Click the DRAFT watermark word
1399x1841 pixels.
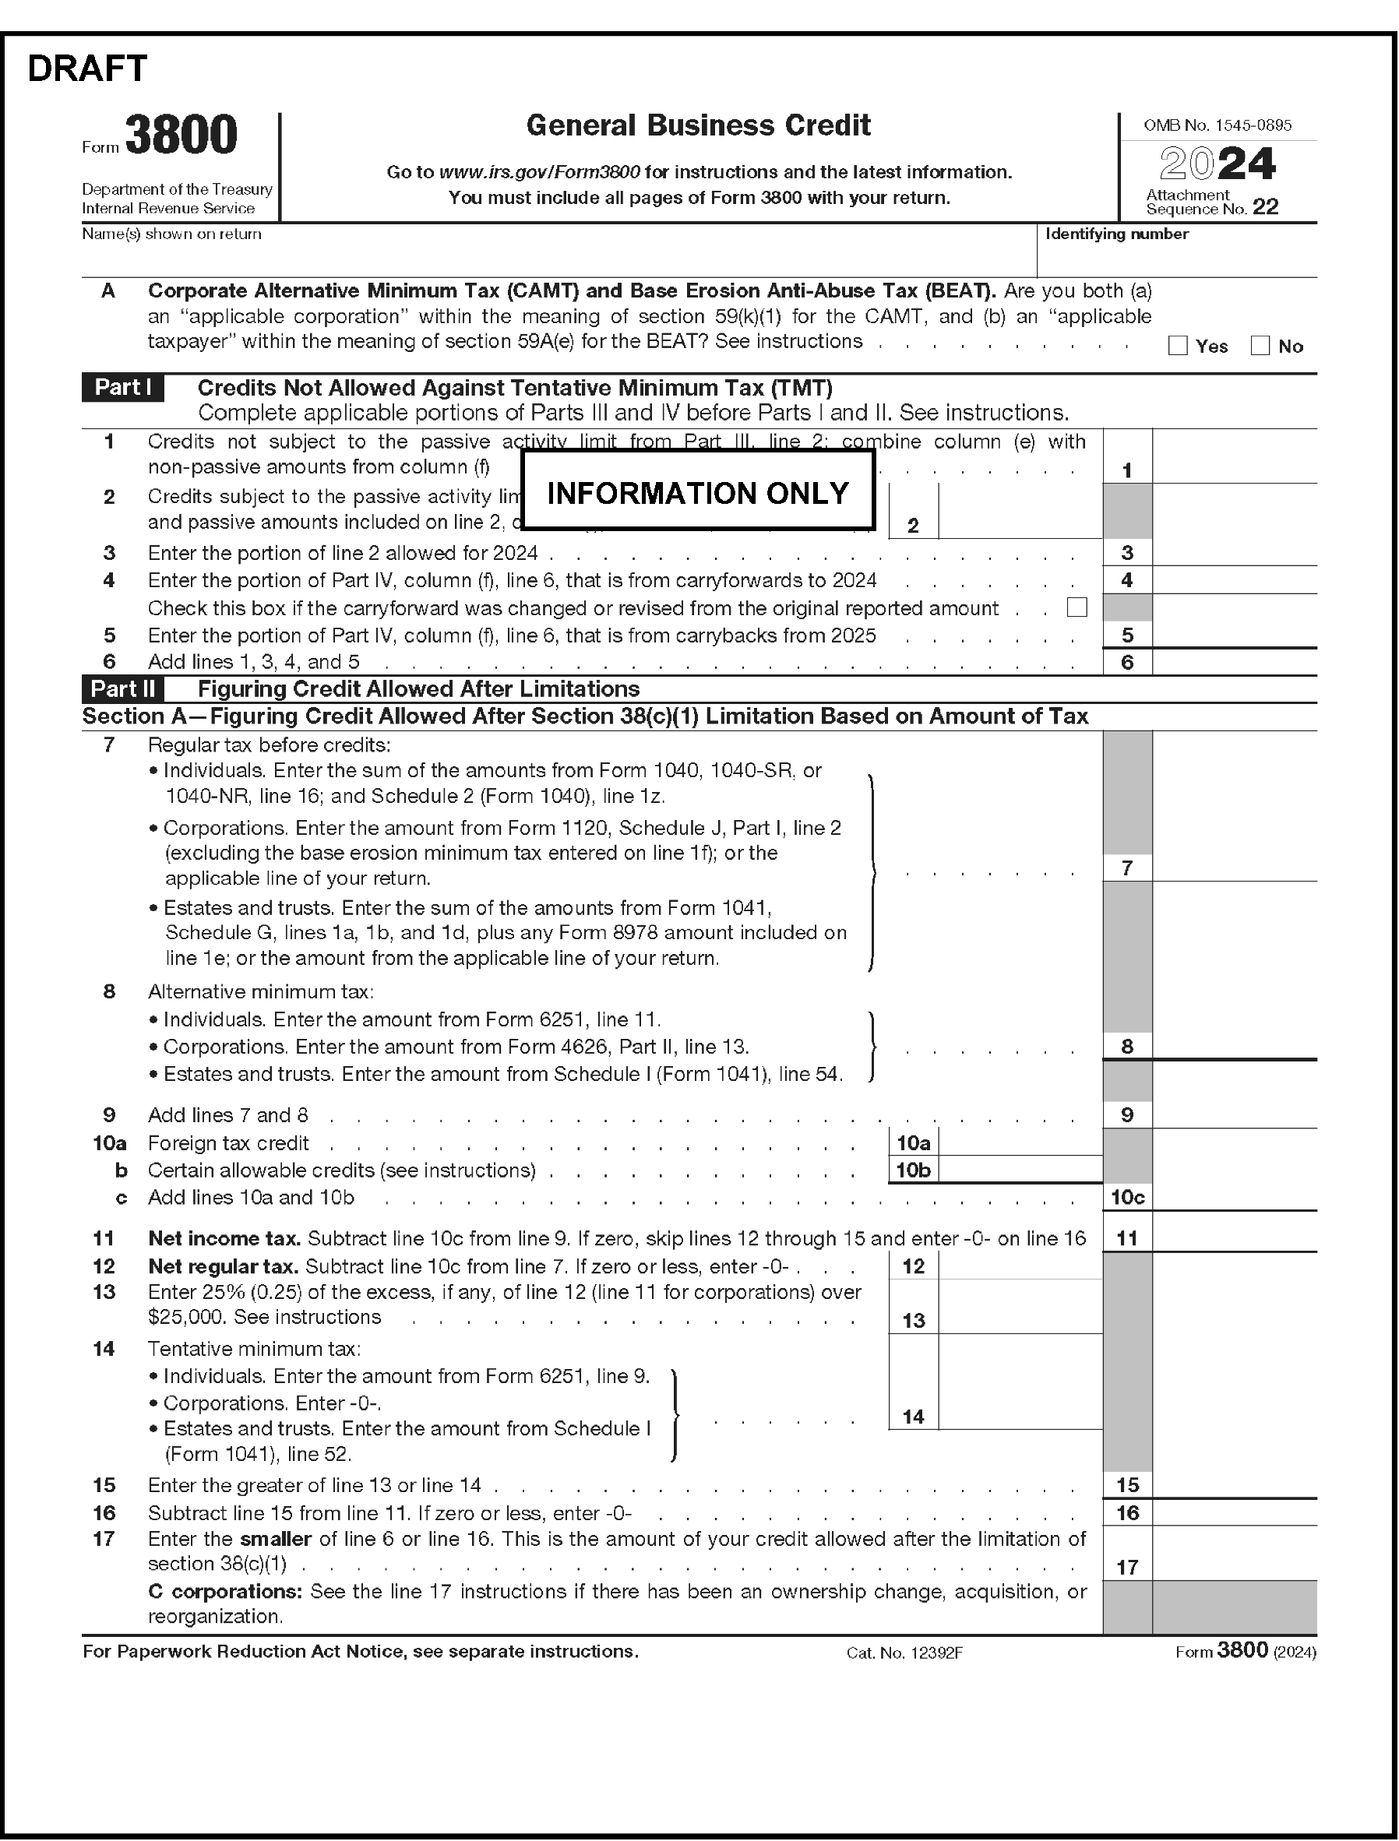(87, 69)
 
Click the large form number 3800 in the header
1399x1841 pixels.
(181, 136)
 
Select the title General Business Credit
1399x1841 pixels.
(698, 125)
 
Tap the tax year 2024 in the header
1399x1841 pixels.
(1218, 164)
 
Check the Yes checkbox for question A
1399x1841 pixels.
(1178, 347)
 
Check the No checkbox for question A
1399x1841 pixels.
(1260, 347)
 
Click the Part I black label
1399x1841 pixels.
(122, 388)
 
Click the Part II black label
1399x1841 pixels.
(122, 689)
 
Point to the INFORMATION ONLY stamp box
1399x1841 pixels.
(698, 492)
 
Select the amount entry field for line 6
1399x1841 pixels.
(1234, 663)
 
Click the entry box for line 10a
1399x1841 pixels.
(1020, 1143)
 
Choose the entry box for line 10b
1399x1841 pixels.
(1020, 1170)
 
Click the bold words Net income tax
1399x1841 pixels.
(224, 1239)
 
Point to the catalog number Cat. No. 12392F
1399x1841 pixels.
(904, 1653)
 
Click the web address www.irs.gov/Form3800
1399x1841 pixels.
(539, 172)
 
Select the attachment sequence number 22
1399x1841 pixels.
(1265, 207)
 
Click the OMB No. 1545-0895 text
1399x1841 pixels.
(1218, 125)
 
